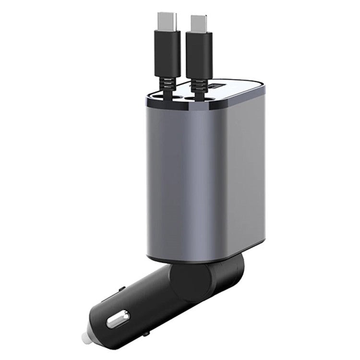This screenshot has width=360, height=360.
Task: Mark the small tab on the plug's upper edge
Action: click(120, 289)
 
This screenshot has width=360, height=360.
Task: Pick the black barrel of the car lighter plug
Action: click(144, 302)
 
